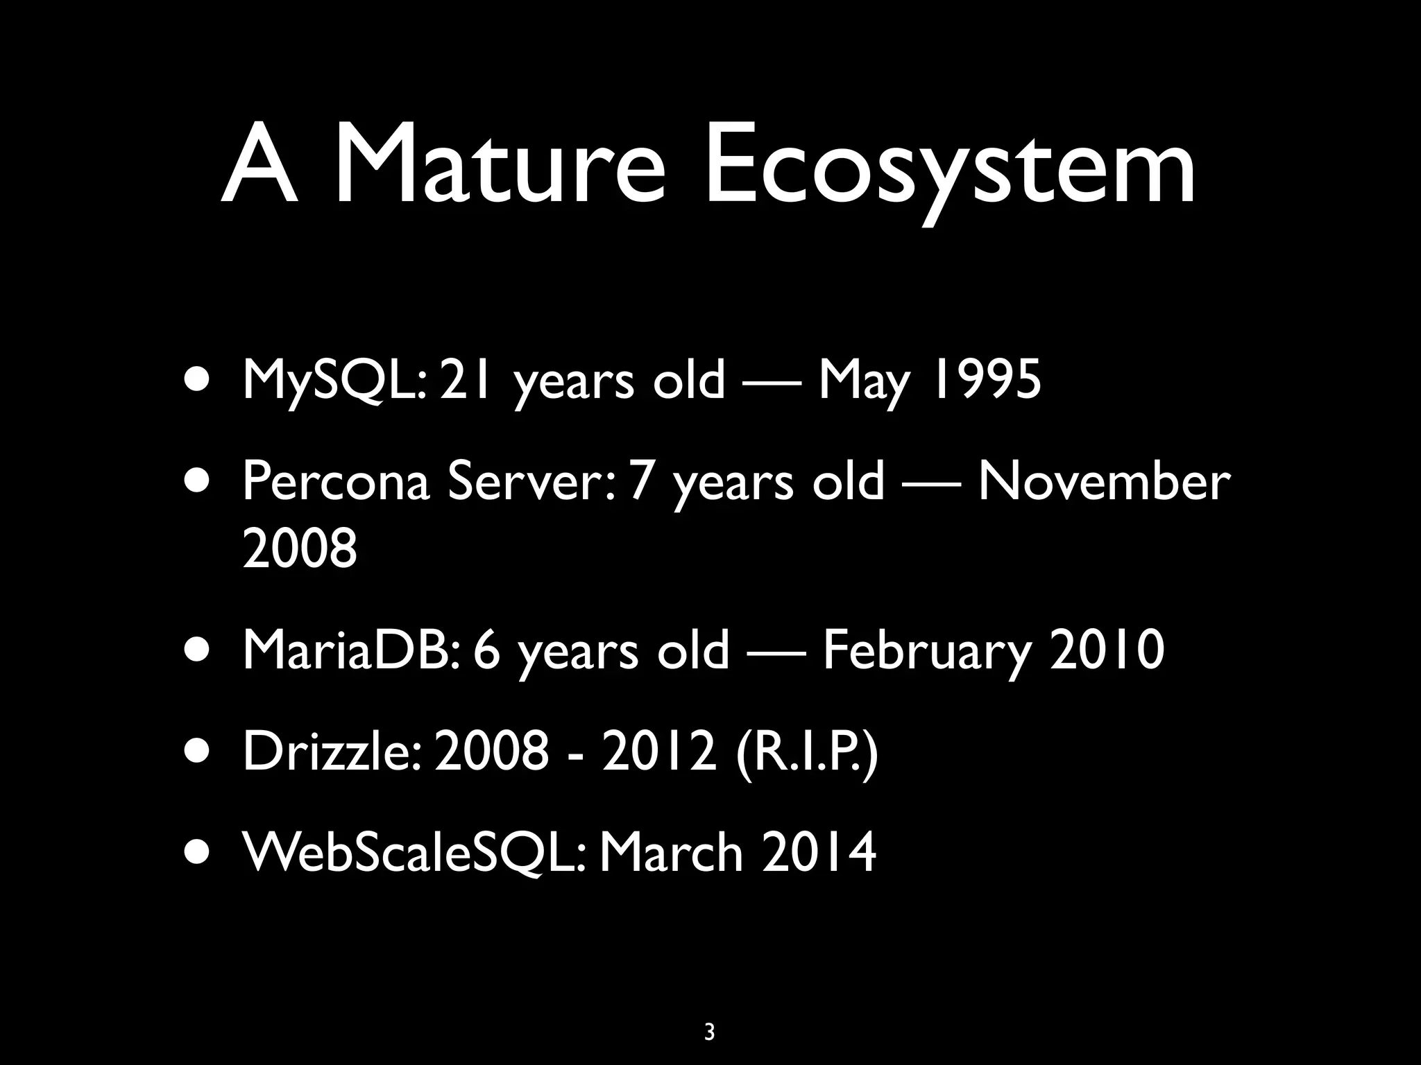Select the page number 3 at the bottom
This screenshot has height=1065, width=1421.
pos(709,1032)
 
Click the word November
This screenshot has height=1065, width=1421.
pos(1103,481)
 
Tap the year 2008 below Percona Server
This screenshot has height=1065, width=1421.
pos(300,548)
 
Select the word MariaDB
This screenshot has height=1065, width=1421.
pos(347,650)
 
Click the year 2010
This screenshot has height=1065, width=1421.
pos(1107,650)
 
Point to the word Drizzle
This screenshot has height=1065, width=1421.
pos(329,751)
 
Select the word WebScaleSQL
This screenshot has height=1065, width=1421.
pos(414,852)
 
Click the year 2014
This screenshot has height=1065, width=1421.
pos(819,852)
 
